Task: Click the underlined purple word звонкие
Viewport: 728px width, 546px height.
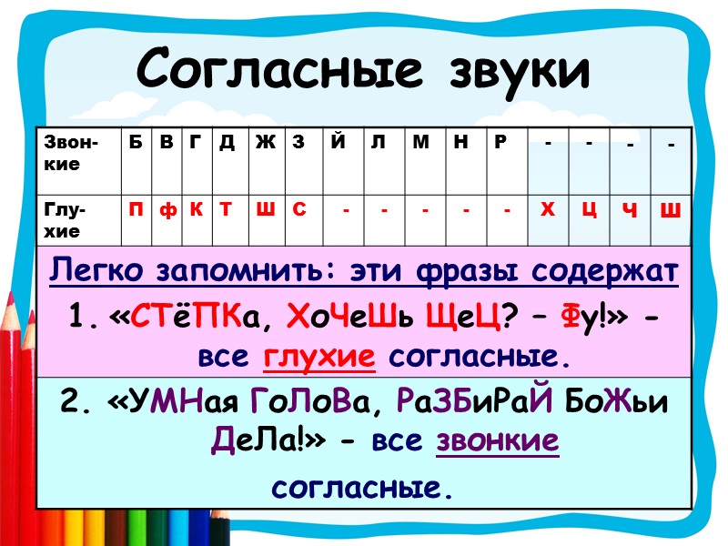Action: (498, 442)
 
